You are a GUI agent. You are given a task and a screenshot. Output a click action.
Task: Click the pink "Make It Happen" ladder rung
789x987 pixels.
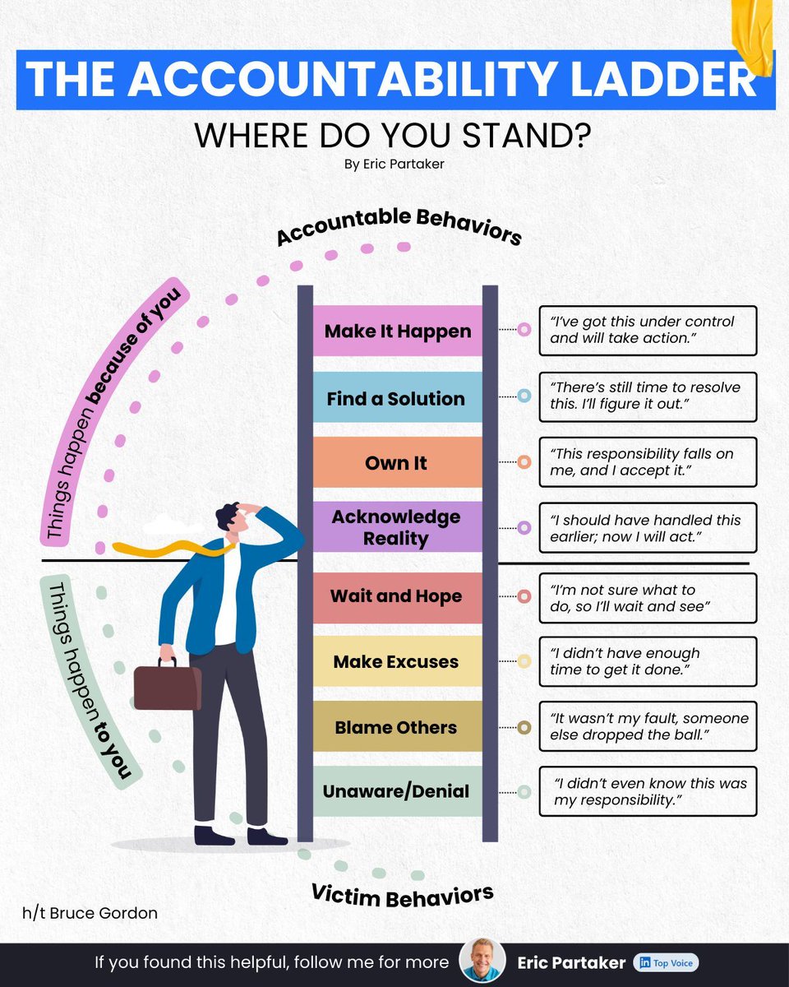398,331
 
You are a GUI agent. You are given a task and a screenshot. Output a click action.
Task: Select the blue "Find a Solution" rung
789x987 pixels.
398,398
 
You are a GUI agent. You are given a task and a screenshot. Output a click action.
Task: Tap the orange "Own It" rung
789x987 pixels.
398,462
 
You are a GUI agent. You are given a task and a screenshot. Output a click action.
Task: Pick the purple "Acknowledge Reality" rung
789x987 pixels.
398,527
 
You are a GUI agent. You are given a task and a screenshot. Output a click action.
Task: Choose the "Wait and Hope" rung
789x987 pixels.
398,596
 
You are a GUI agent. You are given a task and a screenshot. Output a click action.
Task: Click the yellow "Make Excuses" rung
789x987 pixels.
398,661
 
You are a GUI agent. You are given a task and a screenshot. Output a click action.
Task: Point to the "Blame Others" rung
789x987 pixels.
398,727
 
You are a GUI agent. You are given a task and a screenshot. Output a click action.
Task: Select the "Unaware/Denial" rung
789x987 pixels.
398,791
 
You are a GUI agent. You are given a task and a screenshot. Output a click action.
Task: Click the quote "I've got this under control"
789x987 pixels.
648,330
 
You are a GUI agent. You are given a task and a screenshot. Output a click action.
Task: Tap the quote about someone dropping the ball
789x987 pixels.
648,726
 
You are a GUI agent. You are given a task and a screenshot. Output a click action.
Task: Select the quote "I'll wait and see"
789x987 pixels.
648,598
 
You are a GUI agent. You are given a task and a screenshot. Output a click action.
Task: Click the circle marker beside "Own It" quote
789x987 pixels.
524,462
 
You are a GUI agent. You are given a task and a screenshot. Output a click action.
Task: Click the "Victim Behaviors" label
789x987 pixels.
402,896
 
